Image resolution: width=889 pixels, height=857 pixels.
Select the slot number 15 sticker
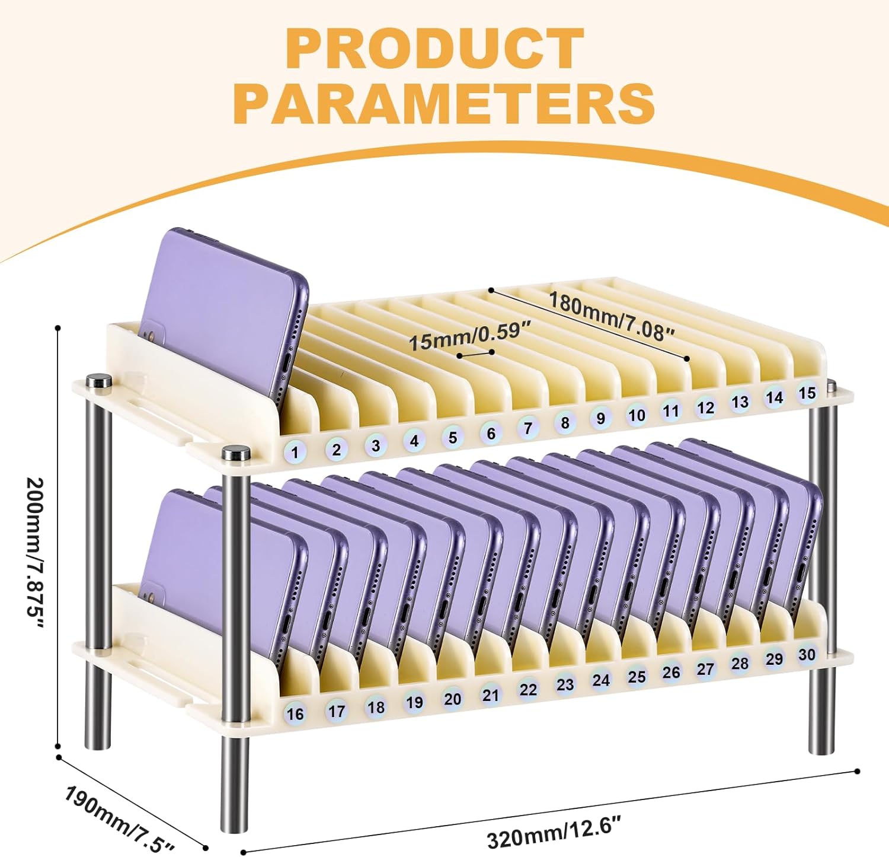tap(807, 393)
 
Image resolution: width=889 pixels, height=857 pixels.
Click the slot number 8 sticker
tap(565, 422)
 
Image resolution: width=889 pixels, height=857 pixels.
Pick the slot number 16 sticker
tap(295, 713)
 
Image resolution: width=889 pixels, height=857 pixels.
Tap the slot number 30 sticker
tap(807, 654)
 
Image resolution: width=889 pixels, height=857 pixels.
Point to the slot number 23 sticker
tap(565, 684)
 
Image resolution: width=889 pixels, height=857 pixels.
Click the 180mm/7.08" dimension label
tap(610, 317)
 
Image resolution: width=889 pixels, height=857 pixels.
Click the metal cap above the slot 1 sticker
tap(236, 453)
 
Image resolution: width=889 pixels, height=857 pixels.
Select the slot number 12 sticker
tap(705, 407)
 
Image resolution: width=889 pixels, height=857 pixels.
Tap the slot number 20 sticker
tap(452, 699)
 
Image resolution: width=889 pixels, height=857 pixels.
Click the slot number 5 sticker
tap(452, 438)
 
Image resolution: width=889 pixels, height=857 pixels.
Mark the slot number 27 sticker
tap(705, 669)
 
